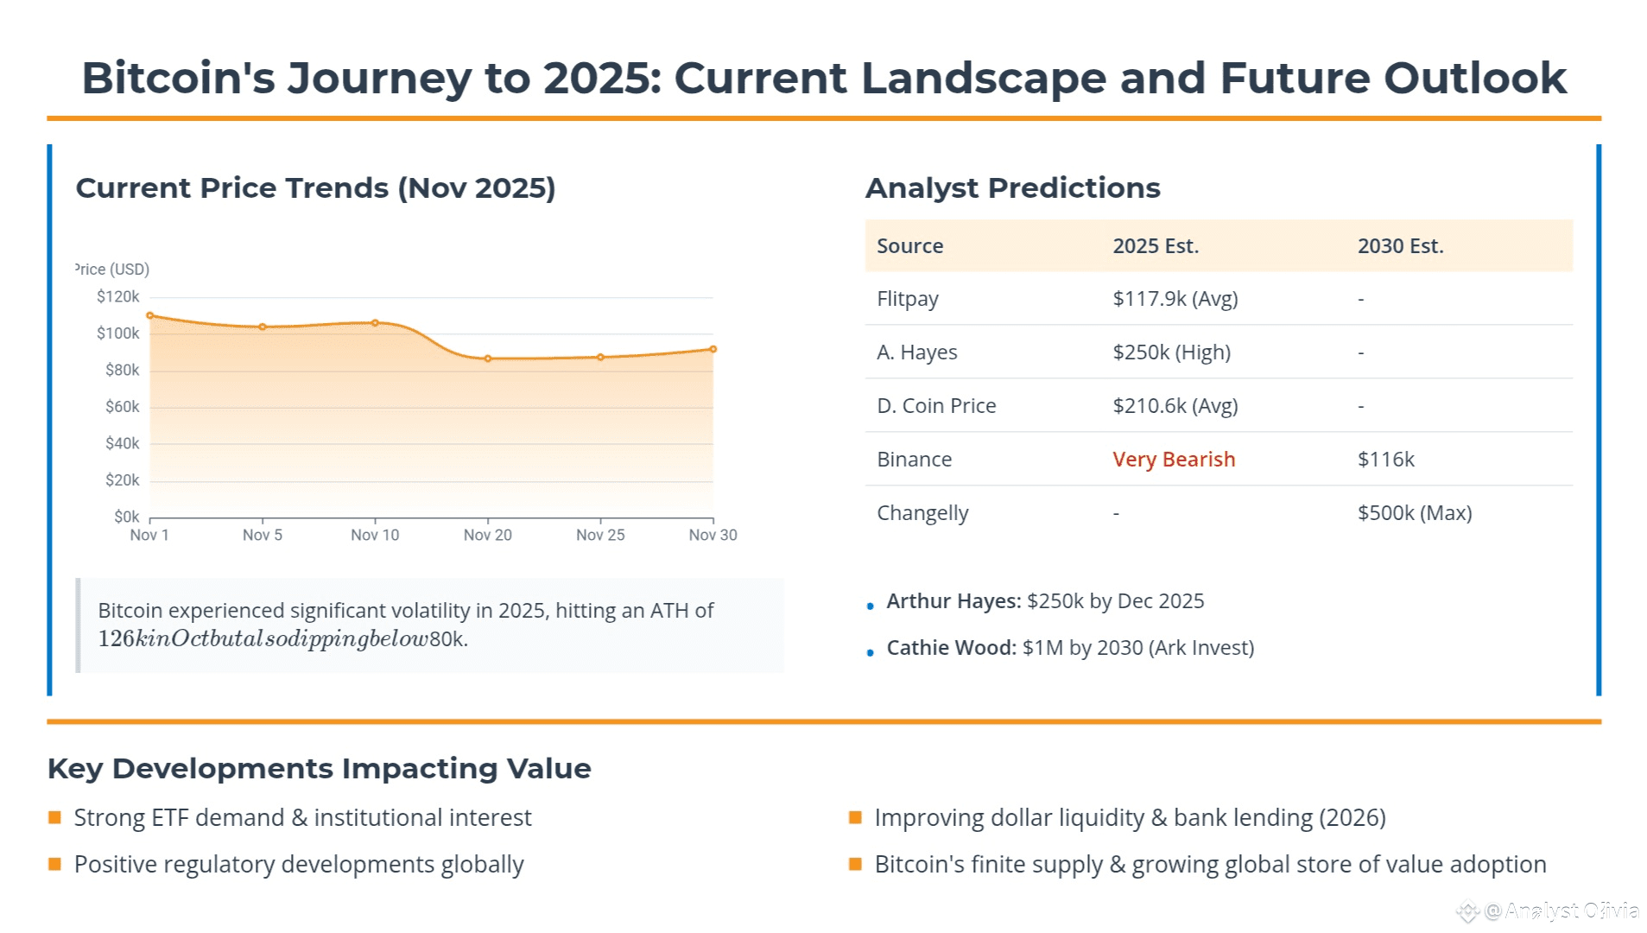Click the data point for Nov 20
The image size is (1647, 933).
[488, 359]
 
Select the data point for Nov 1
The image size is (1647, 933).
[150, 316]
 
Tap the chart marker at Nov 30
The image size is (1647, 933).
[713, 350]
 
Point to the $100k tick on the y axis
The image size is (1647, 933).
[118, 333]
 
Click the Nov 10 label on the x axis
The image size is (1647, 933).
[375, 536]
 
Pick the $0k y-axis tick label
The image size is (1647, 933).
[126, 517]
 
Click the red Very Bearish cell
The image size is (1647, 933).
[1174, 460]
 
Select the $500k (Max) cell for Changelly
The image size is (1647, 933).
[1415, 513]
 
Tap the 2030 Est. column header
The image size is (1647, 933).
[1400, 246]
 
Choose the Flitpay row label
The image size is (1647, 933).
[907, 299]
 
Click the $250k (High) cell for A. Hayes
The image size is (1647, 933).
[1171, 352]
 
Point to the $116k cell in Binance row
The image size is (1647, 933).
[1385, 460]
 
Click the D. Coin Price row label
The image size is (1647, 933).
[936, 406]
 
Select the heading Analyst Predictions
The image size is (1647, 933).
[1012, 188]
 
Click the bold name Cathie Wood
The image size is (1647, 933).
[951, 648]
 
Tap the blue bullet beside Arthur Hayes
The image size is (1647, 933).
[871, 606]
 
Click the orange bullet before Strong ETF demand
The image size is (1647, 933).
[55, 817]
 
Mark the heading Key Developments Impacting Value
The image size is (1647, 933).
[320, 769]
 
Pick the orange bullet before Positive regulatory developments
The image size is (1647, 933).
[55, 864]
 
